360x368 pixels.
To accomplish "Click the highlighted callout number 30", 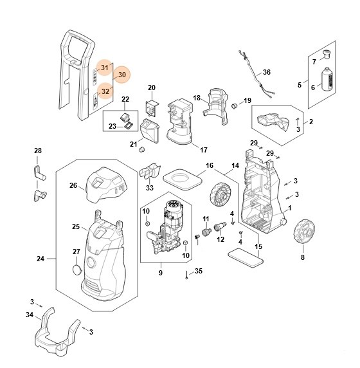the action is pyautogui.click(x=122, y=75).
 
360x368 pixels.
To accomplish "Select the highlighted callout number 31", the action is pyautogui.click(x=105, y=68).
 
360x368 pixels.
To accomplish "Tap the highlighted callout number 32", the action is pyautogui.click(x=105, y=91).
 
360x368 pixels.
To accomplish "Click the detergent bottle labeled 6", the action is pyautogui.click(x=328, y=79).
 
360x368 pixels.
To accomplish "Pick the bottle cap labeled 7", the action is pyautogui.click(x=327, y=55).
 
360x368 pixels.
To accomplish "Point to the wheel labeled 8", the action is pyautogui.click(x=304, y=232).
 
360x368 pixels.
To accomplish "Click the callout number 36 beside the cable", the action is pyautogui.click(x=267, y=72).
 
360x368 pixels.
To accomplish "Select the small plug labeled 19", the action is pyautogui.click(x=234, y=106).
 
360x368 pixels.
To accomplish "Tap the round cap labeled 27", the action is pyautogui.click(x=76, y=270).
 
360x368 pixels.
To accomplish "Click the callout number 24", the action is pyautogui.click(x=40, y=259).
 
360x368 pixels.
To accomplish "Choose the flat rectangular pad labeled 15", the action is pyautogui.click(x=246, y=258).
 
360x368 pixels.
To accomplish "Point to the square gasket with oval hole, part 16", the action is pyautogui.click(x=183, y=179).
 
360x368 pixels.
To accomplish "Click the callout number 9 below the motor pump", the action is pyautogui.click(x=161, y=273).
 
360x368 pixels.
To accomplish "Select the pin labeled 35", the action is pyautogui.click(x=186, y=275).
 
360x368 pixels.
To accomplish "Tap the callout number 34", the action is pyautogui.click(x=30, y=315).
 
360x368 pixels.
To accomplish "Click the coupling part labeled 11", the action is pyautogui.click(x=206, y=232).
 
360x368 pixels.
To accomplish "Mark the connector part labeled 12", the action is pyautogui.click(x=220, y=227).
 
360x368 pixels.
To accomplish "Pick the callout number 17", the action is pyautogui.click(x=204, y=150).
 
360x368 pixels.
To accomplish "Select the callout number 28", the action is pyautogui.click(x=38, y=151).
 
